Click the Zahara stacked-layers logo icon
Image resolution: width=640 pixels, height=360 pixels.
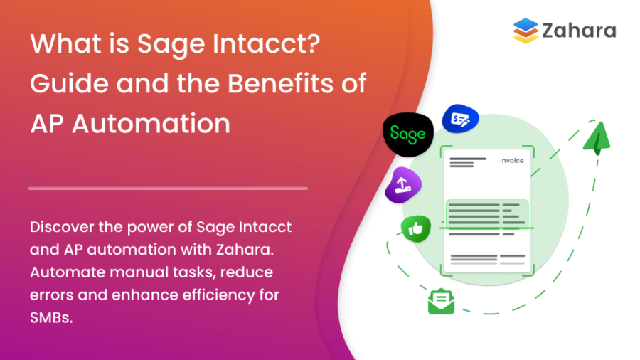click(526, 31)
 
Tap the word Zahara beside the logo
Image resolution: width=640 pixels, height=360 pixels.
click(578, 31)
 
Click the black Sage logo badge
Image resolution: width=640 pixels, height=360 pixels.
click(407, 134)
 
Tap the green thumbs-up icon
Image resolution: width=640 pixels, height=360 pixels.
click(415, 228)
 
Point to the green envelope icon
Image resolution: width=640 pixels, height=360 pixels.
click(441, 302)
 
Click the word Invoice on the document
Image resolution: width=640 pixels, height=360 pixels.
click(512, 161)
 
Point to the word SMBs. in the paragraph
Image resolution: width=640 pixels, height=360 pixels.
click(51, 318)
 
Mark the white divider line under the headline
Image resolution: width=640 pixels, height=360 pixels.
click(168, 189)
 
